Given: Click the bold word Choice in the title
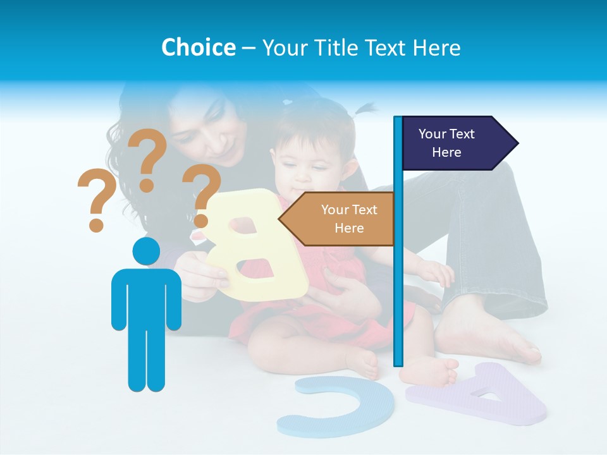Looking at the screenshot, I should [198, 47].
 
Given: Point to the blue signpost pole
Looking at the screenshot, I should [398, 265].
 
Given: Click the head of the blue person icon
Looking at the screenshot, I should [146, 252].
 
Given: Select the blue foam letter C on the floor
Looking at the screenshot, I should [329, 408].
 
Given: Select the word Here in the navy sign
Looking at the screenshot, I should [446, 152].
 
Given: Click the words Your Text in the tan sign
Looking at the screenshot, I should [349, 210].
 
